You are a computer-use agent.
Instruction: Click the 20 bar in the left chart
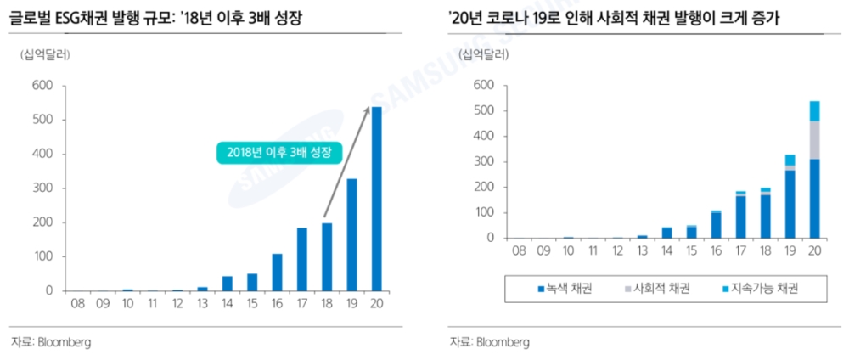coord(377,199)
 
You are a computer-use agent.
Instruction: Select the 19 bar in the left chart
coord(351,234)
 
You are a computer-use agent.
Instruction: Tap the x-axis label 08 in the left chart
coord(78,303)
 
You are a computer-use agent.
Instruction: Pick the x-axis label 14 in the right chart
coord(666,250)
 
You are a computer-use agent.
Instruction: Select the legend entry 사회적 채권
coord(659,288)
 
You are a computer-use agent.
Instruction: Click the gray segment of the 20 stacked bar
coord(815,139)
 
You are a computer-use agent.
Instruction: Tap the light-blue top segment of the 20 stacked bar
coord(815,110)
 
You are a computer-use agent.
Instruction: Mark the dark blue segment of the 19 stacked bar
coord(790,204)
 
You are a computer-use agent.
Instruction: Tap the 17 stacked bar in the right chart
coord(740,215)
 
